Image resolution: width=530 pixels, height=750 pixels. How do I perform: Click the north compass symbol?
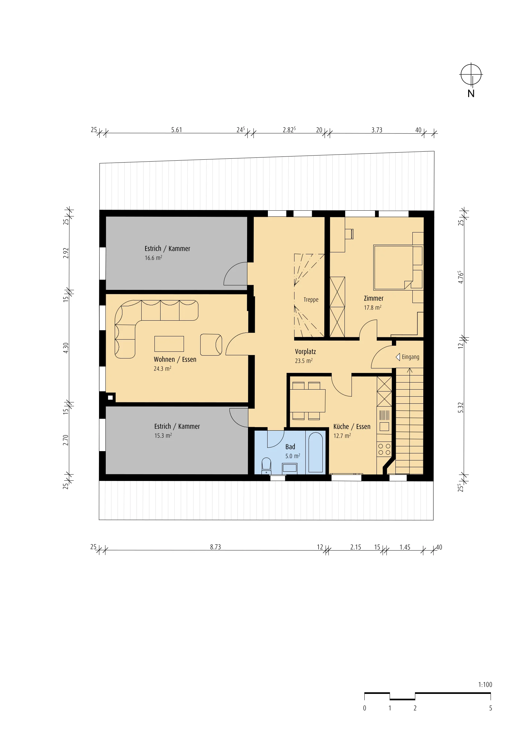pyautogui.click(x=471, y=75)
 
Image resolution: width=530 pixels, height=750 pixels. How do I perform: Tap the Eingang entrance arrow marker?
pyautogui.click(x=398, y=357)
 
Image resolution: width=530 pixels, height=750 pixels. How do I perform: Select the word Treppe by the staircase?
pyautogui.click(x=311, y=299)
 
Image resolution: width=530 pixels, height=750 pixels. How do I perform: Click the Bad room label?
pyautogui.click(x=290, y=447)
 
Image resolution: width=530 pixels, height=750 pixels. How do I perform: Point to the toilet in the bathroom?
pyautogui.click(x=266, y=466)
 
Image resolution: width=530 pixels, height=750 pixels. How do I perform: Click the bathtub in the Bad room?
pyautogui.click(x=316, y=452)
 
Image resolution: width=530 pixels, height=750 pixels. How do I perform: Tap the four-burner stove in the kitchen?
pyautogui.click(x=384, y=449)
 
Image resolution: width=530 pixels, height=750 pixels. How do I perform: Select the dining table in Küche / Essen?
pyautogui.click(x=307, y=400)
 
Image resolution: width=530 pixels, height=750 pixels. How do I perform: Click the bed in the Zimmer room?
pyautogui.click(x=393, y=267)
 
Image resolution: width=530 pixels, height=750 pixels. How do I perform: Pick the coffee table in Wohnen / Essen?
pyautogui.click(x=169, y=344)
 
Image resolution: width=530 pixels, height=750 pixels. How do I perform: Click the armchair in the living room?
pyautogui.click(x=211, y=345)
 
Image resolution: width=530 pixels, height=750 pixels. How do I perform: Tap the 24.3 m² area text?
pyautogui.click(x=162, y=368)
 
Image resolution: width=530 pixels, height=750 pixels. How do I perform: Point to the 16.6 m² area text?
pyautogui.click(x=153, y=258)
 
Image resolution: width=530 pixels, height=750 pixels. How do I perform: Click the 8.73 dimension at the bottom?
pyautogui.click(x=215, y=547)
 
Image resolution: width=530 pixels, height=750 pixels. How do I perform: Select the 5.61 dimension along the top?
pyautogui.click(x=177, y=130)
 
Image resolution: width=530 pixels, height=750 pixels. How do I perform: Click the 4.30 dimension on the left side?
pyautogui.click(x=66, y=348)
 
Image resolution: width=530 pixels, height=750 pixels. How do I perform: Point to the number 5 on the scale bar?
pyautogui.click(x=491, y=708)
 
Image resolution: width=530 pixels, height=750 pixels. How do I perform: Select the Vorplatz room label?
pyautogui.click(x=305, y=351)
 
